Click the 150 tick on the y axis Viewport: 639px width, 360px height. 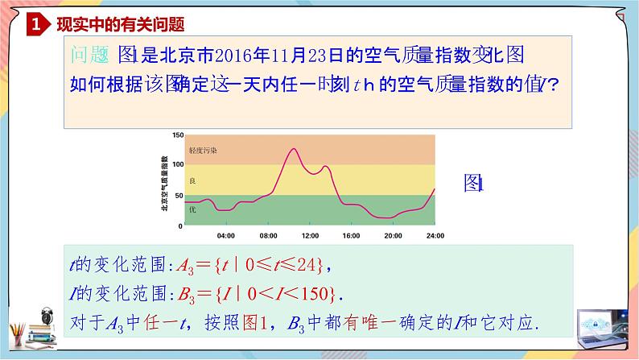(178, 134)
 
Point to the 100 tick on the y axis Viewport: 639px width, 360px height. (178, 165)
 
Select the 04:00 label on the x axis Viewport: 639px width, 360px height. (226, 236)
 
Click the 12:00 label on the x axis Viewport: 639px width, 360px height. (310, 236)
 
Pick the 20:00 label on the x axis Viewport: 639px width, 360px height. (393, 236)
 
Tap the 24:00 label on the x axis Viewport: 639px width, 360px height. (435, 236)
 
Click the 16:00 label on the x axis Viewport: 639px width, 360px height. (351, 236)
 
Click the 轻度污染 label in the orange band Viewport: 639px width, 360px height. (203, 150)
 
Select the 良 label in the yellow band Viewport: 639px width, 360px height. (192, 180)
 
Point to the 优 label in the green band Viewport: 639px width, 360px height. (192, 209)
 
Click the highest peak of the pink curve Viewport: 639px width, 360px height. (291, 149)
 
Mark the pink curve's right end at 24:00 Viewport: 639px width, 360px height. (435, 189)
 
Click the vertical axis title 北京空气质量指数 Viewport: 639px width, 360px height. (164, 180)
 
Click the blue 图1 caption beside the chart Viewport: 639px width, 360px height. (472, 184)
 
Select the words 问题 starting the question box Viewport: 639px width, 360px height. (89, 55)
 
